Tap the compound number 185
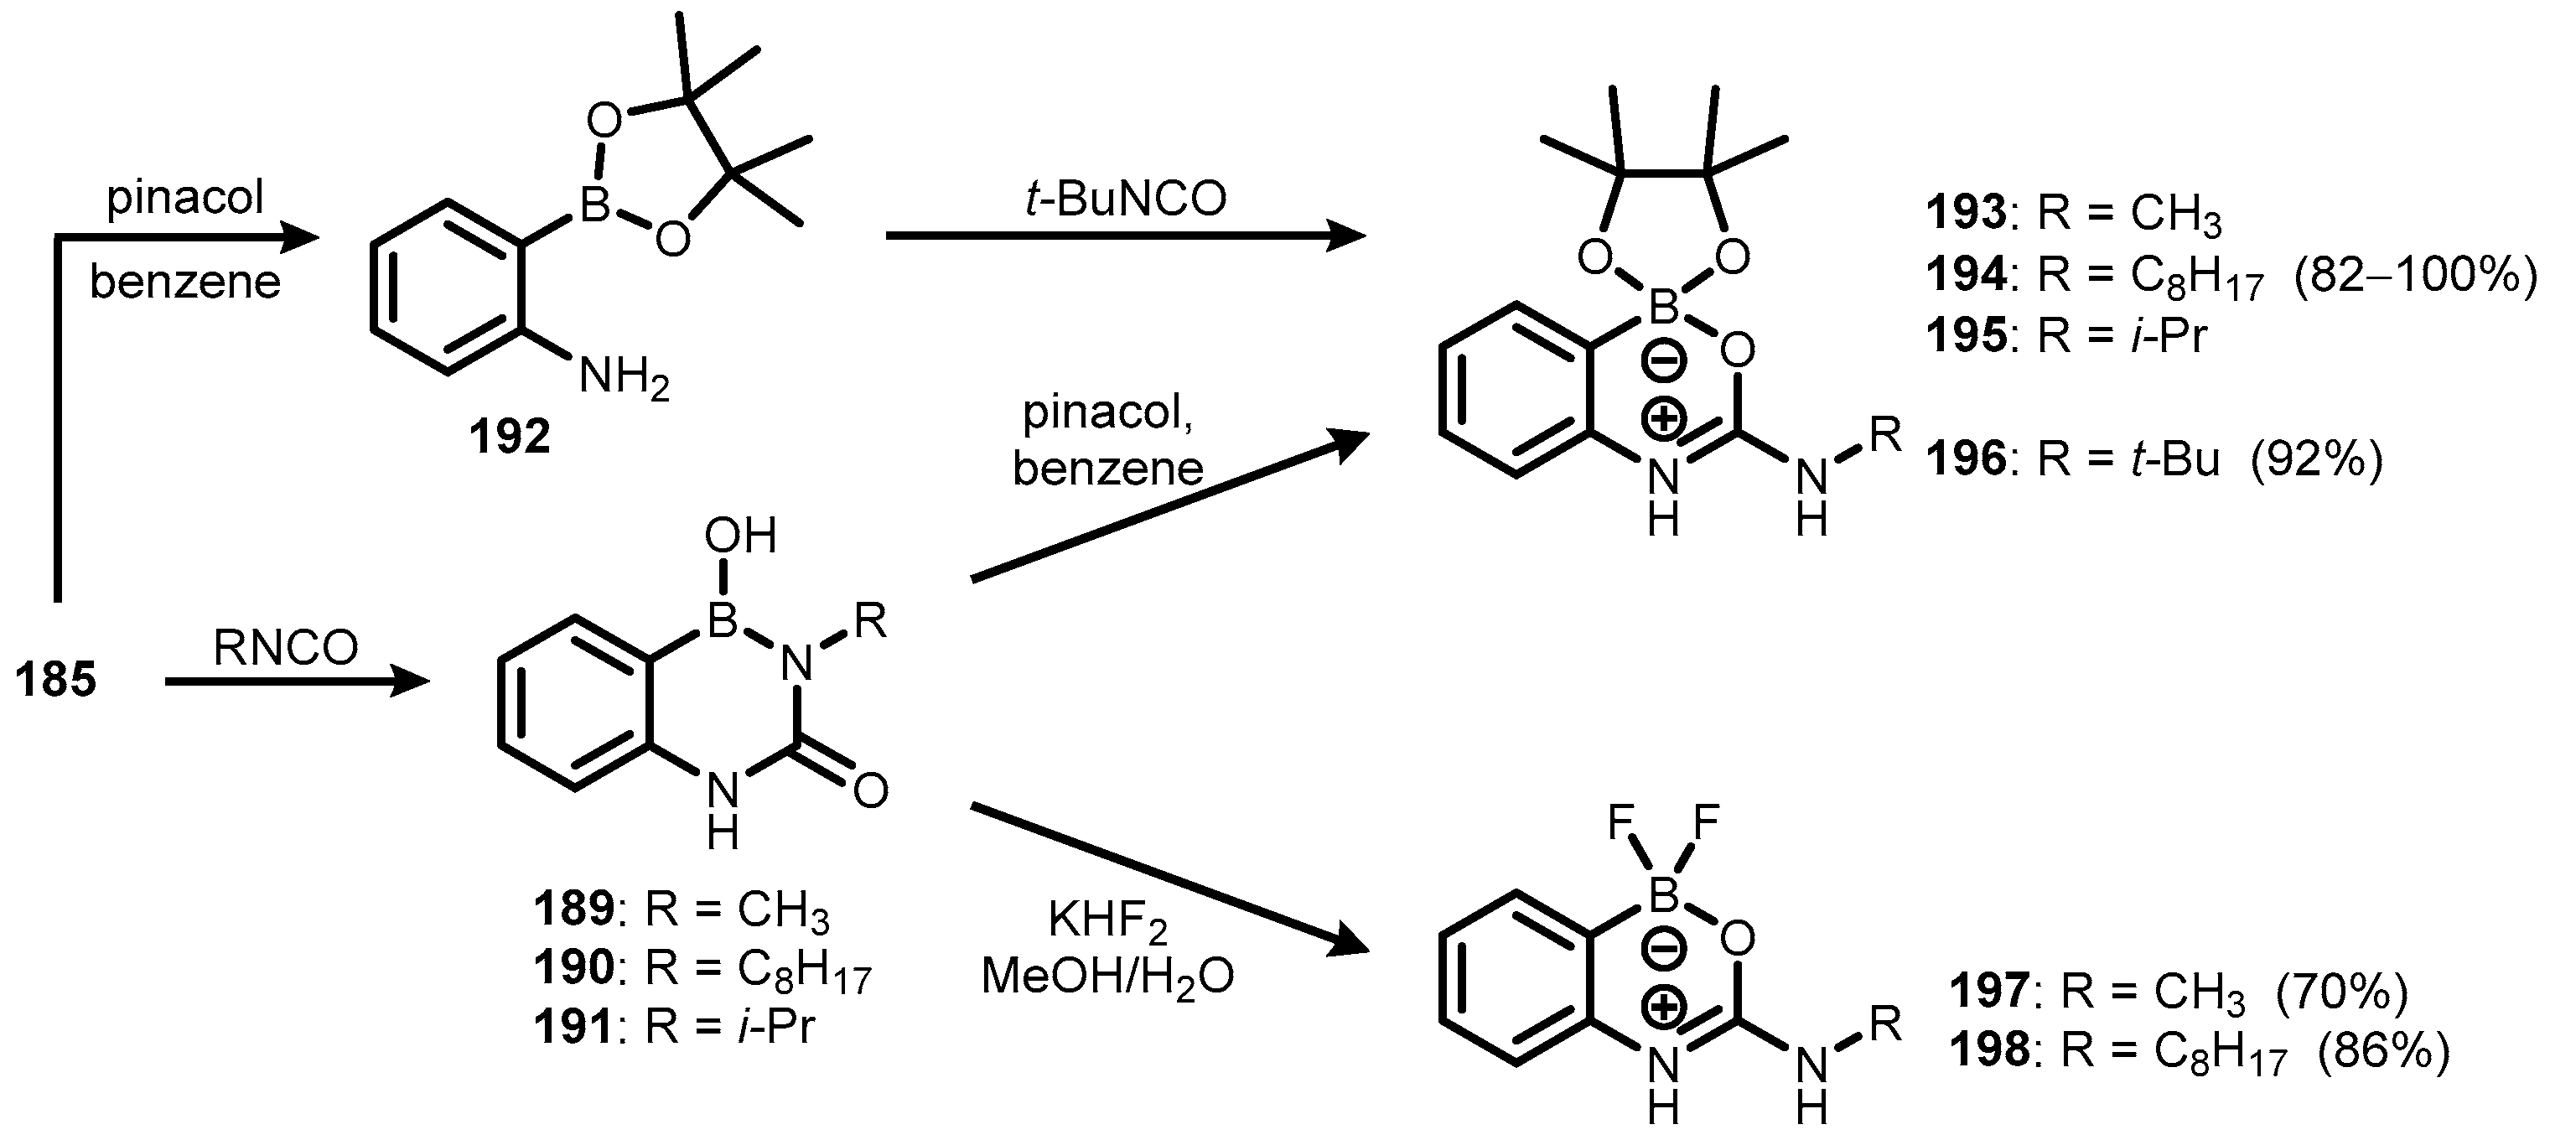[55, 681]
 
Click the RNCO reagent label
[285, 649]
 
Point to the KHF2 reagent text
[1107, 923]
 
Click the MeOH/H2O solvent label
[1107, 977]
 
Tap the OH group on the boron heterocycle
[740, 536]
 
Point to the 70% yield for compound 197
[2341, 992]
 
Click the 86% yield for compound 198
[2382, 1052]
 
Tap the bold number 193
[1966, 214]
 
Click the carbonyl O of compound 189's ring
[869, 790]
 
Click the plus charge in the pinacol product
[1663, 420]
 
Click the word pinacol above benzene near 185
[185, 199]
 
